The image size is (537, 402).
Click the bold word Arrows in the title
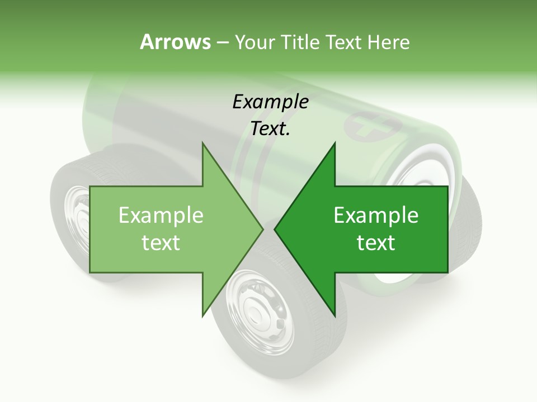175,42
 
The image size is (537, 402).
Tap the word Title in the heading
300,42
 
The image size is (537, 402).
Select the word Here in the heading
388,42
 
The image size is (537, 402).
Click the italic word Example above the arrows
270,102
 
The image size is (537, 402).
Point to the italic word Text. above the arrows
270,129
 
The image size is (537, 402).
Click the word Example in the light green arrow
161,216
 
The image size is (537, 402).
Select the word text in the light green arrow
161,243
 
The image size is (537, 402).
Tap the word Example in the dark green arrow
376,216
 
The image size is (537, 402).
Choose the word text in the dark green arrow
376,243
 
